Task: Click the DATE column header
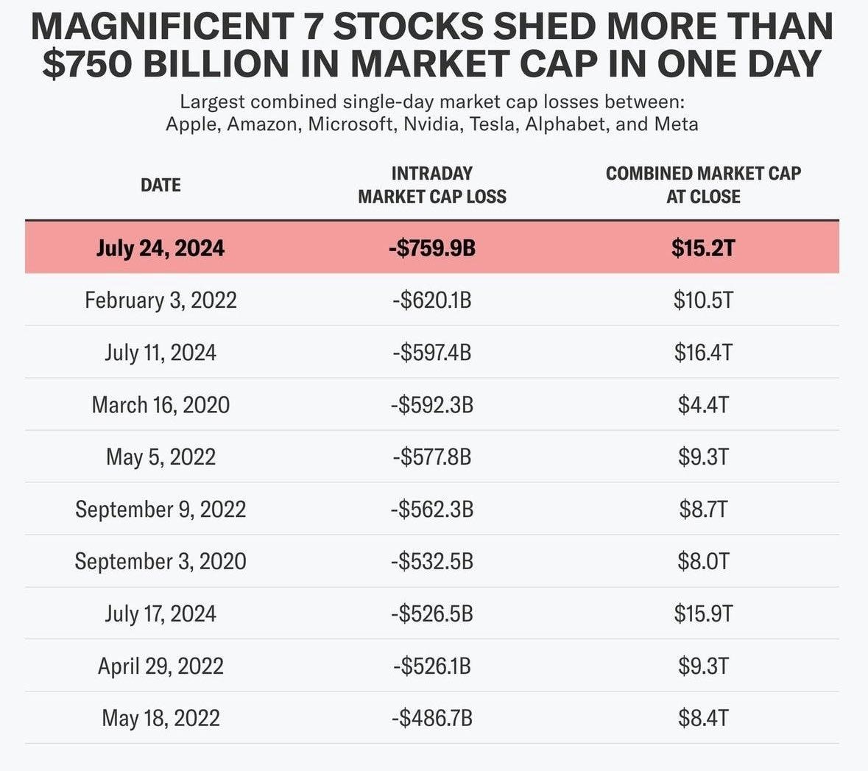click(x=160, y=185)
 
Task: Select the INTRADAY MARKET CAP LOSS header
click(x=432, y=185)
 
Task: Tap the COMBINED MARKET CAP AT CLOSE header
click(x=703, y=185)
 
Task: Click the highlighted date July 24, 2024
click(x=160, y=247)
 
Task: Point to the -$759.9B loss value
click(x=432, y=247)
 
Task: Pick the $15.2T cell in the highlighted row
click(x=703, y=247)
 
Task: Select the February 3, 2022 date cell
click(x=160, y=300)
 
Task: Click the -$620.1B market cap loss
click(x=432, y=300)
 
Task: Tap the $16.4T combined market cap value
click(x=703, y=352)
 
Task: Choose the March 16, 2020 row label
click(x=160, y=404)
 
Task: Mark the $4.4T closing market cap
click(x=703, y=404)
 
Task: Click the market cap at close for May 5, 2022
click(x=703, y=457)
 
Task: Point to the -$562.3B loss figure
click(x=432, y=509)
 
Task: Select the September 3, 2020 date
click(x=160, y=561)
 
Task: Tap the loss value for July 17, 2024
click(x=432, y=613)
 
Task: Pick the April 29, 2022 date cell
click(x=160, y=666)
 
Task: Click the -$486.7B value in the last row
click(x=432, y=718)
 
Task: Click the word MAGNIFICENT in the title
click(x=161, y=27)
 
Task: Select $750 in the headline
click(x=87, y=63)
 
